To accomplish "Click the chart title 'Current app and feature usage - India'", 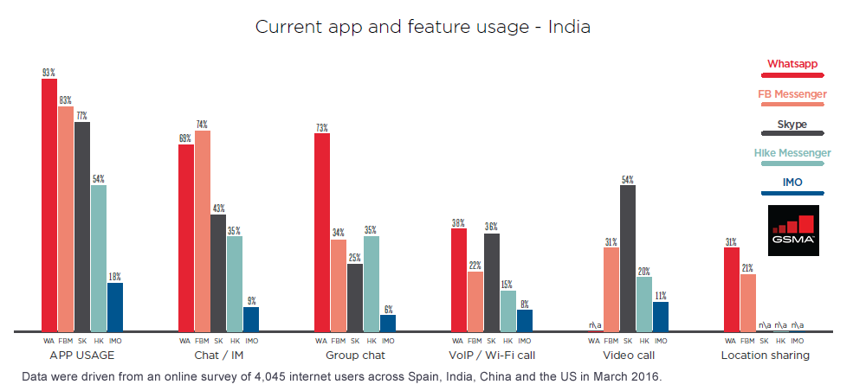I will point(423,27).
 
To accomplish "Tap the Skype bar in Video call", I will point(627,258).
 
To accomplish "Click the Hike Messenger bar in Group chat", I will point(372,284).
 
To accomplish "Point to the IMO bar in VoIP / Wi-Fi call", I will point(525,320).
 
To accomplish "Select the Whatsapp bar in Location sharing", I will point(731,289).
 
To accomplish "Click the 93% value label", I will point(49,74).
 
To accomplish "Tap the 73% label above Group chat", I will point(321,128).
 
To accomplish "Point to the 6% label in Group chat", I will point(388,309).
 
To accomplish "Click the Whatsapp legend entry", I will point(792,64).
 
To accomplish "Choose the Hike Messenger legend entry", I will point(792,153).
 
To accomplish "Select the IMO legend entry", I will point(792,183).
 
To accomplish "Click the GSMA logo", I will point(793,229).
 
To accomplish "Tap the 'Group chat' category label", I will point(355,356).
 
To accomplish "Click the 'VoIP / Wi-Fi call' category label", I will point(491,356).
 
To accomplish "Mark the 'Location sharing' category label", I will point(765,356).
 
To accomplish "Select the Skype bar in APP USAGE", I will point(82,227).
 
